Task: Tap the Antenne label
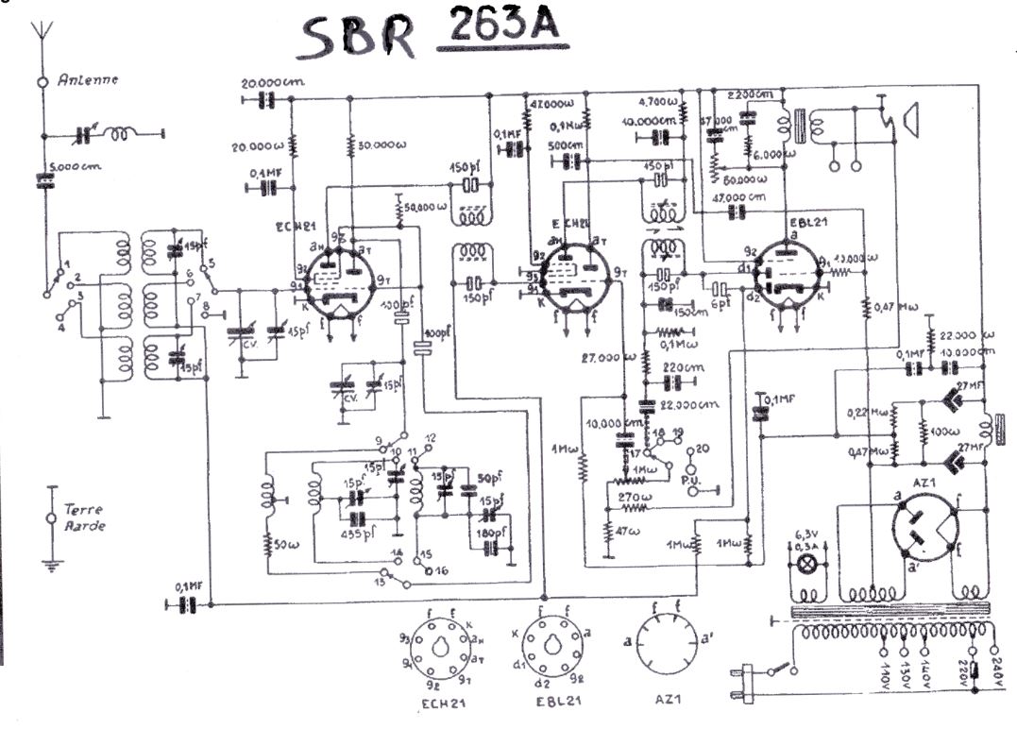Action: click(x=88, y=80)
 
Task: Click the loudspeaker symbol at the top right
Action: click(x=907, y=122)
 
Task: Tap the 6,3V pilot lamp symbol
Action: click(x=806, y=564)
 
